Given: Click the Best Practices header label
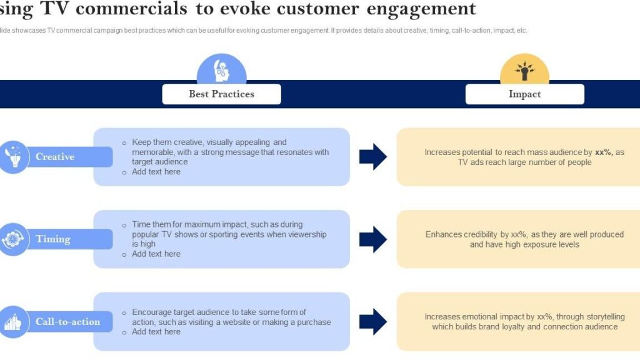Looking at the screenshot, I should pos(221,94).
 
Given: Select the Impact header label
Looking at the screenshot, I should pos(524,94).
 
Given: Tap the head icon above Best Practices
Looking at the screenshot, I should pos(221,70).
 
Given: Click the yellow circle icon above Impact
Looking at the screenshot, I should pos(524,71).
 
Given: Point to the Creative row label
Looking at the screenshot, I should pos(55,157).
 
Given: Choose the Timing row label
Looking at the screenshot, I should pos(53,239).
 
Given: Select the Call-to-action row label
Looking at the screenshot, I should pos(67,322).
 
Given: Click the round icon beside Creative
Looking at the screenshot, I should pos(13,156).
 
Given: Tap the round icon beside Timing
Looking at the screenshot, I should pos(13,239).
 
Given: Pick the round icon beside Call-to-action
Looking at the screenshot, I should pos(13,322).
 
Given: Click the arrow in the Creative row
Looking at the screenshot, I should pos(373,156).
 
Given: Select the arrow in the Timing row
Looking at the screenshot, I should pos(373,239).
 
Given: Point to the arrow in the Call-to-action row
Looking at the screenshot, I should pos(373,321).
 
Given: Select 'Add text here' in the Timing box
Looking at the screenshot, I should pos(156,254).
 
